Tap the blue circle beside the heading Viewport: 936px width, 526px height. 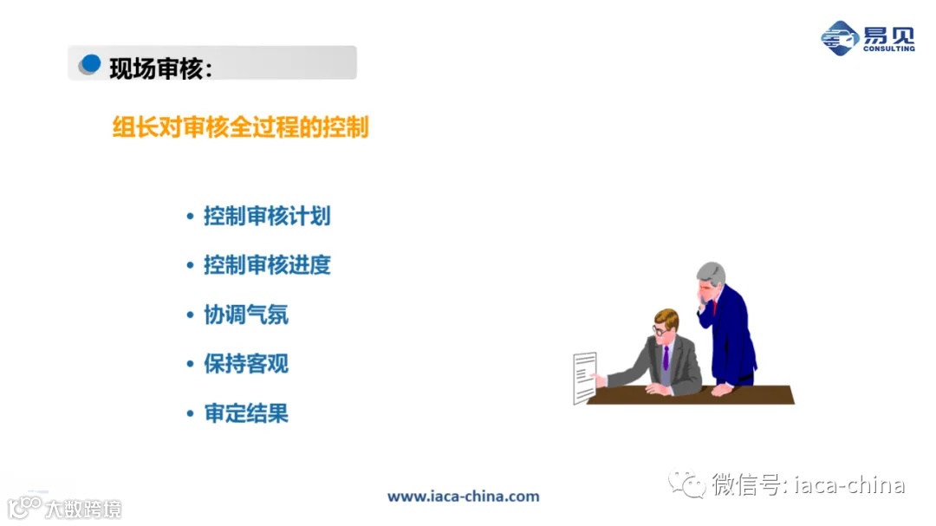coord(89,64)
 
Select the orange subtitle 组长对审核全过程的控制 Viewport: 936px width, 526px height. coord(241,127)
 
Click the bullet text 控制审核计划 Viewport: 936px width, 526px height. coord(267,216)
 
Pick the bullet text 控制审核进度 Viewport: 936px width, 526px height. coord(267,265)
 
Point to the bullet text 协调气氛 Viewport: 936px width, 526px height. coord(246,315)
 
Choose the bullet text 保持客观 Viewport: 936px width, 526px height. coord(246,364)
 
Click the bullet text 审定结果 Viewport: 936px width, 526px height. coord(246,413)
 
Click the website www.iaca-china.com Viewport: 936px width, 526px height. coord(463,497)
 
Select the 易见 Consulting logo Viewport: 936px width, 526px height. coord(868,37)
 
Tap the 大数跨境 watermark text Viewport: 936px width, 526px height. coord(84,508)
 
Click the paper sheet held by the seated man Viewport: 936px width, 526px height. coord(584,376)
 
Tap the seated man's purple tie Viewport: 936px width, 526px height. coord(666,358)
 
